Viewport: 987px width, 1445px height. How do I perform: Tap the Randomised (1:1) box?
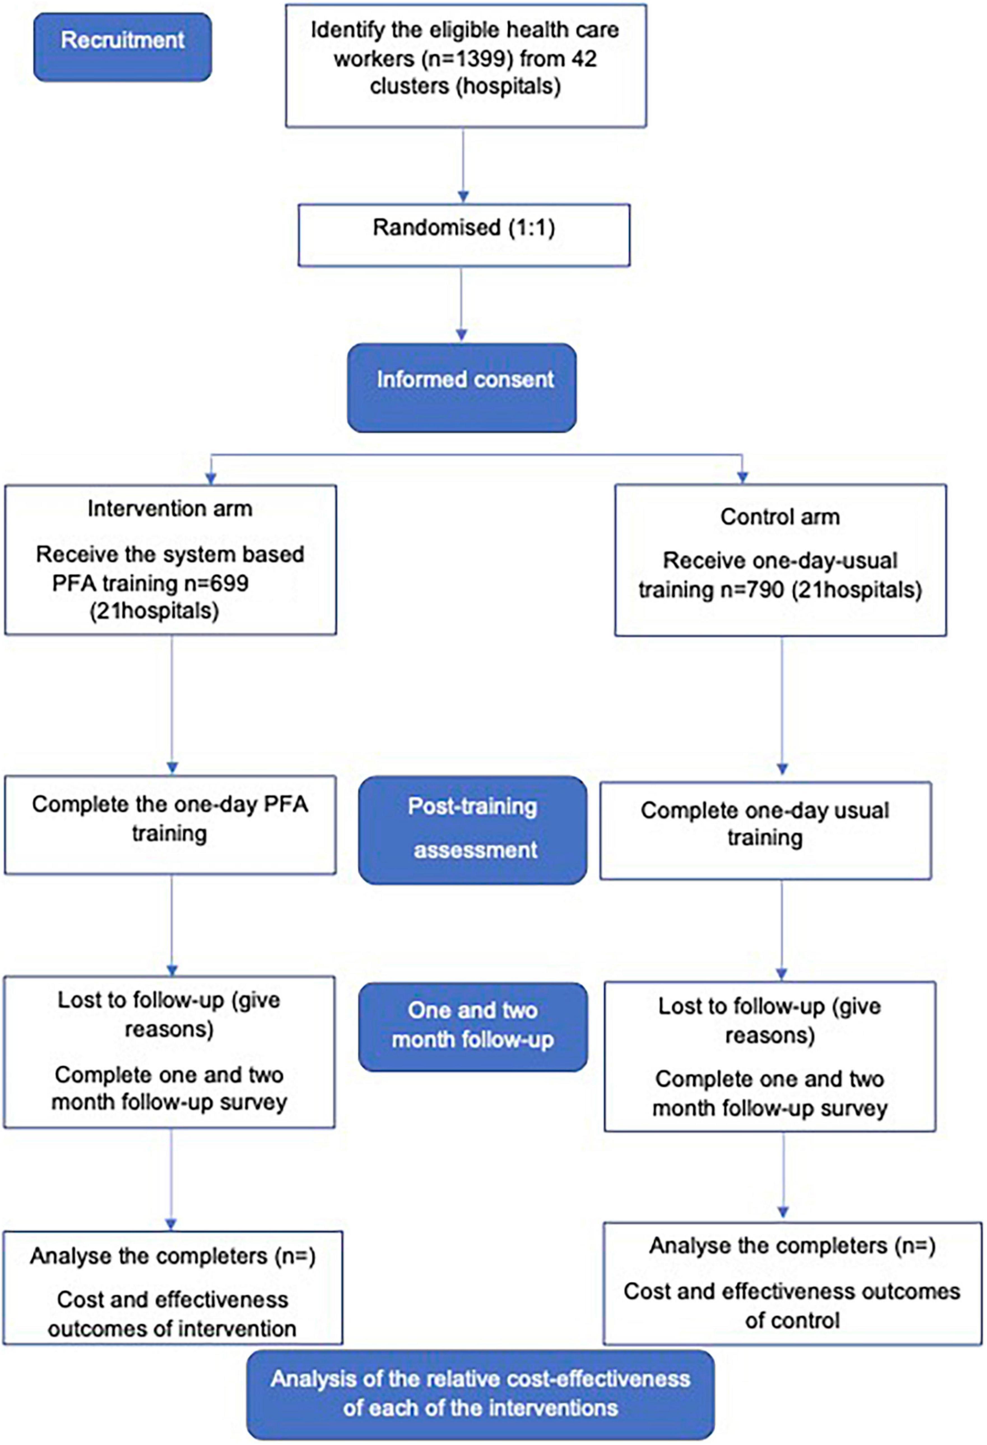[x=464, y=235]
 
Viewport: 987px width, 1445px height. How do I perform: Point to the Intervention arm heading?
[x=170, y=509]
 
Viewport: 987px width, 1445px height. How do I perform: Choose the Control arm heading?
[x=780, y=517]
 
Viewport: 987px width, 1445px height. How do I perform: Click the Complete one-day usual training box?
[x=765, y=830]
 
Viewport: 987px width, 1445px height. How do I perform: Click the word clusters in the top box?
[x=409, y=86]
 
